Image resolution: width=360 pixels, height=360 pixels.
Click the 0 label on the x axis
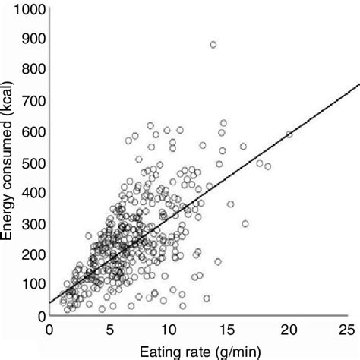pyautogui.click(x=49, y=330)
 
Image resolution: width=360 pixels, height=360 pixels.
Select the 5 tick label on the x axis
pyautogui.click(x=109, y=330)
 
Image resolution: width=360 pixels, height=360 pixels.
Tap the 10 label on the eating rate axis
pyautogui.click(x=169, y=330)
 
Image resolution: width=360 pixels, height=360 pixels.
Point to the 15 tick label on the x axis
pyautogui.click(x=229, y=330)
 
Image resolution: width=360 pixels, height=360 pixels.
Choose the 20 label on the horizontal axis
pyautogui.click(x=289, y=330)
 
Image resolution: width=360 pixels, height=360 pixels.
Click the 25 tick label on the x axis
pyautogui.click(x=348, y=330)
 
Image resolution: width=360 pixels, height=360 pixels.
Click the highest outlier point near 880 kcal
pyautogui.click(x=213, y=45)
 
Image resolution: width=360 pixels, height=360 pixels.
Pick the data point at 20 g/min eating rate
pyautogui.click(x=289, y=134)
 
